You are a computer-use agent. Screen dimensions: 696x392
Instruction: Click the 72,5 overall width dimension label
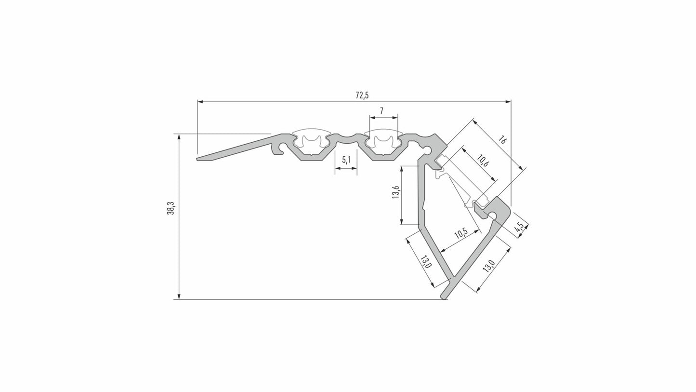click(x=362, y=95)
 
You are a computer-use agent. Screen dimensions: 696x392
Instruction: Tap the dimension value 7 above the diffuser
click(x=381, y=111)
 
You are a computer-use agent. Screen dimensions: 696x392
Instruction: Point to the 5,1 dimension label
click(x=346, y=160)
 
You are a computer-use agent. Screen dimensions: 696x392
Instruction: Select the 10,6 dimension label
click(x=481, y=161)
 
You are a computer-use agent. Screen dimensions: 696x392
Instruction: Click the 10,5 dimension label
click(x=461, y=233)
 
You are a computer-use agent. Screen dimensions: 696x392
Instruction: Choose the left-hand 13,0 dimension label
click(x=425, y=262)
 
